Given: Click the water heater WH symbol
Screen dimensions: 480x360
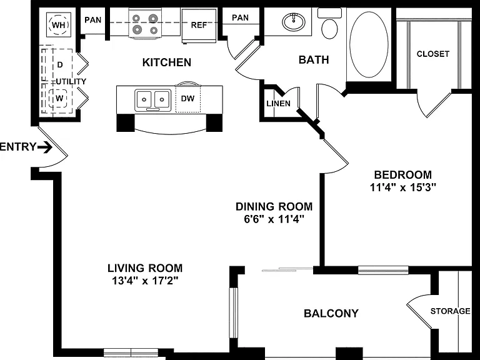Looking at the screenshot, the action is tap(59, 24).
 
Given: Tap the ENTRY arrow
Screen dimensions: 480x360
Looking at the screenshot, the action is tap(45, 147).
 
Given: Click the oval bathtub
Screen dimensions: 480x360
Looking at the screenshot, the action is tap(369, 45).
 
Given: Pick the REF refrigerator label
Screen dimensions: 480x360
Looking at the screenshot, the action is tap(199, 25).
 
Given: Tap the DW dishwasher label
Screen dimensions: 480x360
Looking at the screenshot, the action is tap(187, 99).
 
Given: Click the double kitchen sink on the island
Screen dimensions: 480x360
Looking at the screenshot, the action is tap(152, 100).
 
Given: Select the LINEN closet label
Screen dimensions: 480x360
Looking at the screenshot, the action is tap(278, 104).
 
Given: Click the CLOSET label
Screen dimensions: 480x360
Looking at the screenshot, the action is tap(433, 54).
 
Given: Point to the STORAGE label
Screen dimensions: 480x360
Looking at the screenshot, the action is tap(450, 311).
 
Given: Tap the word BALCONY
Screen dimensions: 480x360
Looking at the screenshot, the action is tap(331, 314).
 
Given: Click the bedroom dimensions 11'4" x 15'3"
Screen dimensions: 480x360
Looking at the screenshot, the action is tap(403, 187).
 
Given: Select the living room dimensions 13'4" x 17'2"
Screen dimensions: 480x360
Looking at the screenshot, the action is tap(145, 281).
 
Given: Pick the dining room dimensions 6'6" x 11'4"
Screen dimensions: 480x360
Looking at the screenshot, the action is tap(274, 219).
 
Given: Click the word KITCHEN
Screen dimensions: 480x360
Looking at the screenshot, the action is tap(167, 62).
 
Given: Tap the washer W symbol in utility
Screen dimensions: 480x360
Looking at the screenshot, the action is tap(59, 99).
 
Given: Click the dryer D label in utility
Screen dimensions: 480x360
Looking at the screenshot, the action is tap(60, 64).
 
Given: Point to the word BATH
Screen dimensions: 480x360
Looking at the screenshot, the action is tap(314, 60).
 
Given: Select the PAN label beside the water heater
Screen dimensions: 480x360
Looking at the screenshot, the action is tap(92, 20).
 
